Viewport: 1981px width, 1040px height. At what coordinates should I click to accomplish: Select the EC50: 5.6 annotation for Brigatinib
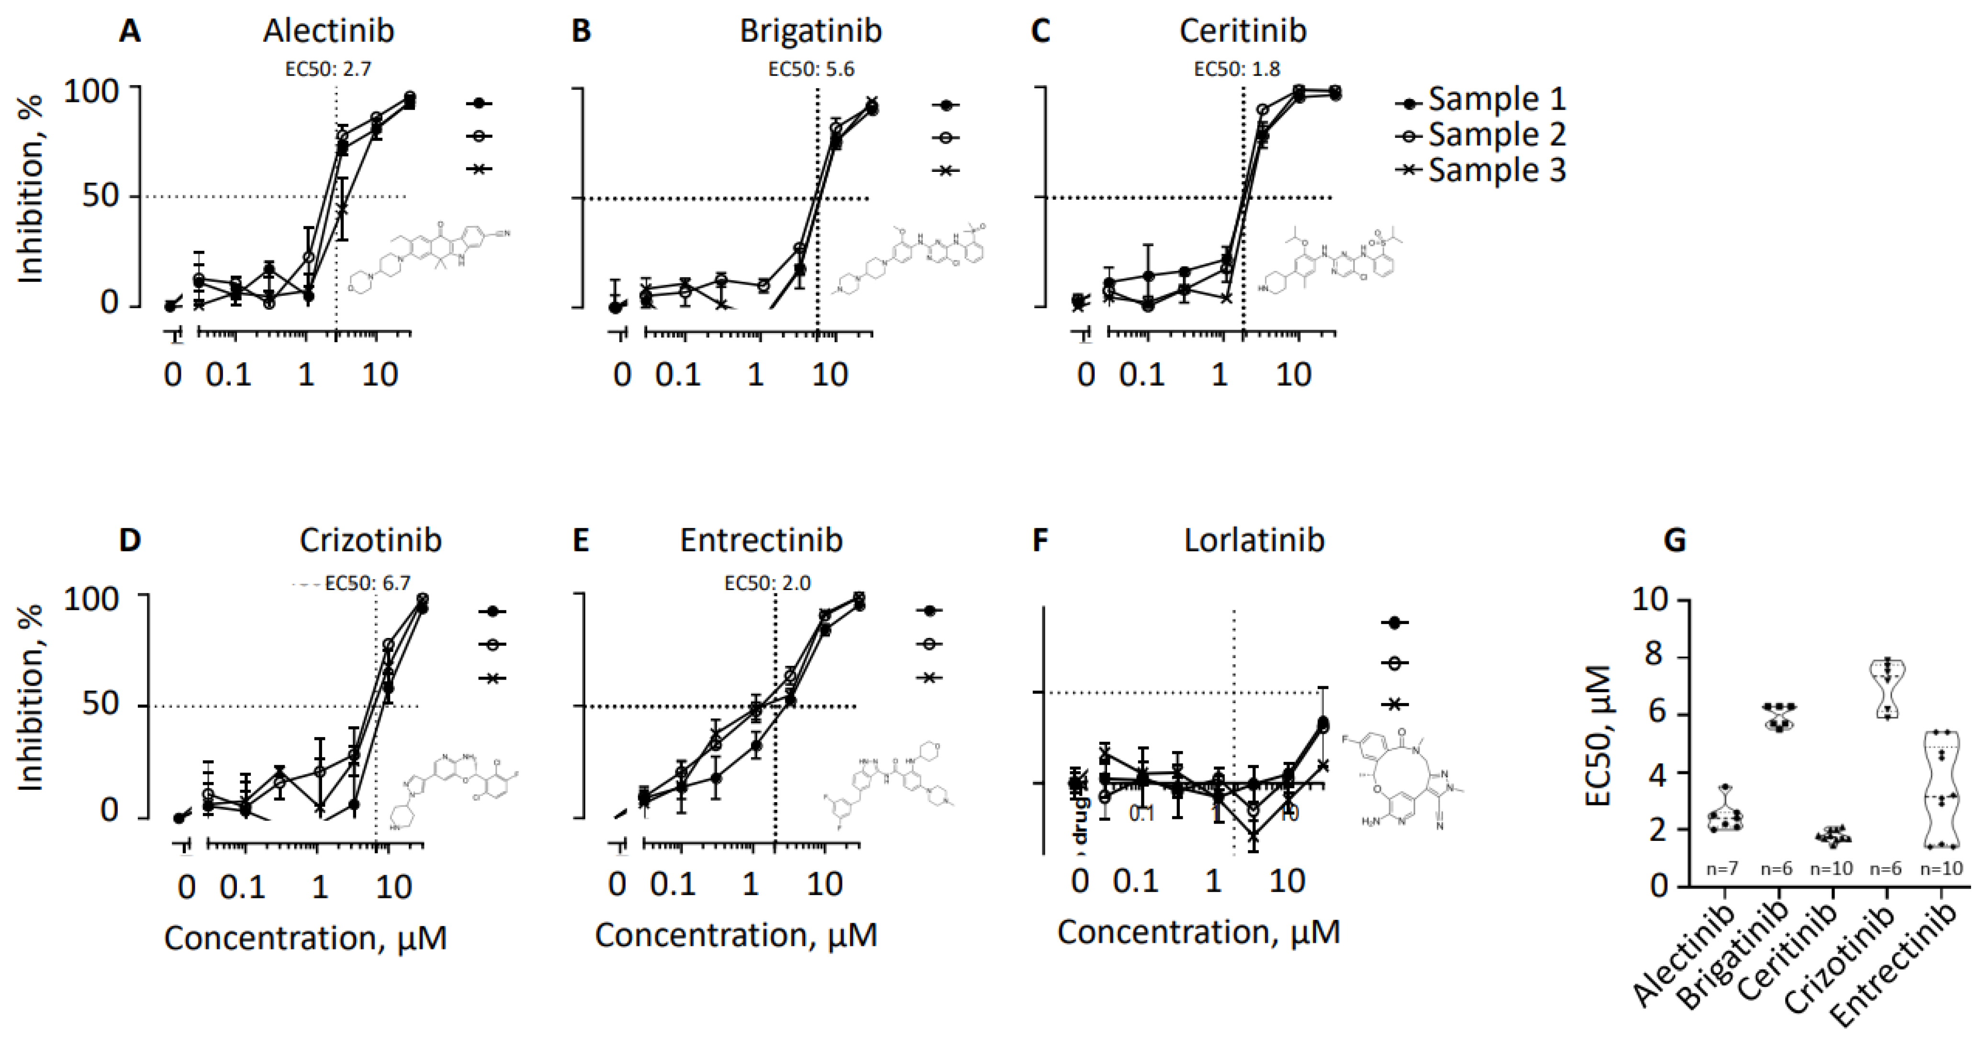(811, 69)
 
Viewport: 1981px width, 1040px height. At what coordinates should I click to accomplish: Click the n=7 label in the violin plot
(1722, 869)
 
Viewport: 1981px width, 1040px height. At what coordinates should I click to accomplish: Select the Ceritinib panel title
(1243, 31)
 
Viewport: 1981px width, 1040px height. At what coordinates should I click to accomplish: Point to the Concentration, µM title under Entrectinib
(736, 935)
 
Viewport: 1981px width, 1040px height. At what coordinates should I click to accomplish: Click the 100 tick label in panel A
(101, 91)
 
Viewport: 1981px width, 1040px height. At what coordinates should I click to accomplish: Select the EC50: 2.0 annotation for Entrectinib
(768, 583)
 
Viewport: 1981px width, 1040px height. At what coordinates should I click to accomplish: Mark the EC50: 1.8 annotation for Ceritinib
(1237, 69)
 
